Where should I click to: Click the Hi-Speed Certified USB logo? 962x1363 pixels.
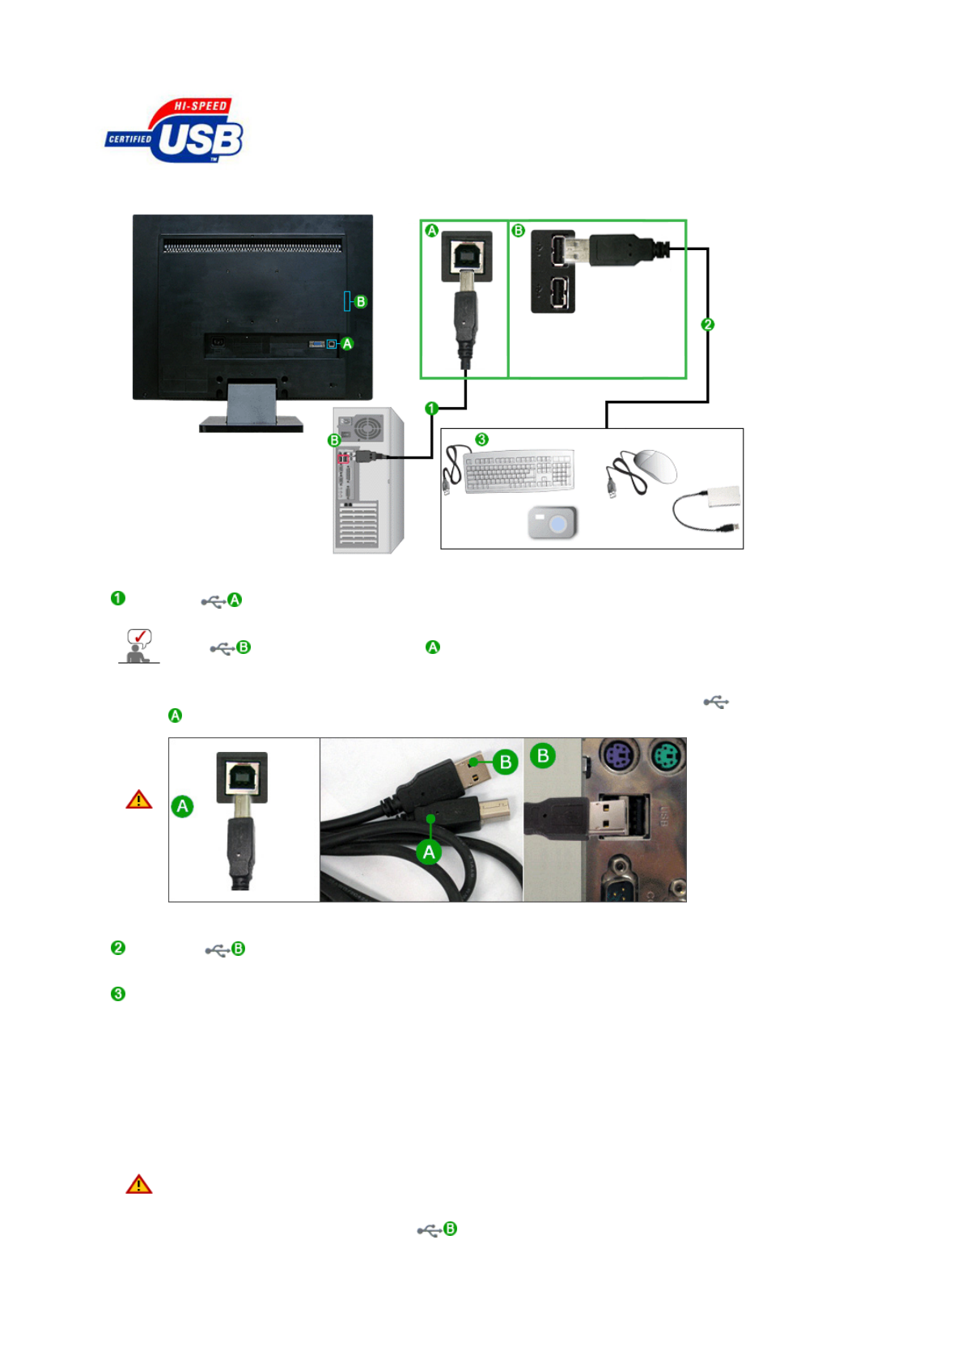pyautogui.click(x=175, y=131)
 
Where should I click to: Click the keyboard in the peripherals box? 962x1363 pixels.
pyautogui.click(x=518, y=470)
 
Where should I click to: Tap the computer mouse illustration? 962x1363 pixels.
pyautogui.click(x=655, y=466)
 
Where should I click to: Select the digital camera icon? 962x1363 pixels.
pyautogui.click(x=553, y=523)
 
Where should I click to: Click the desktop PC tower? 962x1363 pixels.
pyautogui.click(x=368, y=481)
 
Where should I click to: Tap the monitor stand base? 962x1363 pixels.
pyautogui.click(x=252, y=423)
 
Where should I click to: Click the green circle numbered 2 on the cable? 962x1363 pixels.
pyautogui.click(x=708, y=325)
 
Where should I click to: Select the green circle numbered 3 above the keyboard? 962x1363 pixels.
pyautogui.click(x=482, y=439)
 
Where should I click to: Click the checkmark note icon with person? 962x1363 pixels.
pyautogui.click(x=139, y=646)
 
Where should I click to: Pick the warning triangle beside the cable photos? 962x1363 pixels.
pyautogui.click(x=139, y=800)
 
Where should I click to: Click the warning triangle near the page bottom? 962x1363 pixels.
pyautogui.click(x=139, y=1184)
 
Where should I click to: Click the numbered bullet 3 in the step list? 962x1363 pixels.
pyautogui.click(x=118, y=994)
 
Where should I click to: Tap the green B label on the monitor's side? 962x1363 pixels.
pyautogui.click(x=361, y=302)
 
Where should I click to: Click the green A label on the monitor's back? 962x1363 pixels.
pyautogui.click(x=347, y=344)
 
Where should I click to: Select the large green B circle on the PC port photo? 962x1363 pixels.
pyautogui.click(x=543, y=756)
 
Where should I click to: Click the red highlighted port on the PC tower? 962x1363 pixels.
pyautogui.click(x=344, y=459)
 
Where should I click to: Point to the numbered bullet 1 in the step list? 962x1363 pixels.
pyautogui.click(x=118, y=598)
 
